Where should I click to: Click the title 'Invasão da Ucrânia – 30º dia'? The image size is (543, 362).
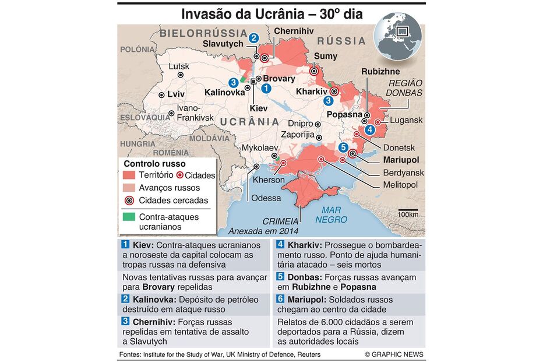click(x=271, y=14)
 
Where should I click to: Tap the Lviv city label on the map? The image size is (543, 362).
click(x=175, y=94)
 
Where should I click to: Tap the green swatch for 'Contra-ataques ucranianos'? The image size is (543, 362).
click(x=129, y=217)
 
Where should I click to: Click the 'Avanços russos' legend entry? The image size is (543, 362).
click(x=169, y=188)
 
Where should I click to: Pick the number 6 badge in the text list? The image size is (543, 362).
click(x=280, y=299)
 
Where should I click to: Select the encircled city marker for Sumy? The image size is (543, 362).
click(x=314, y=71)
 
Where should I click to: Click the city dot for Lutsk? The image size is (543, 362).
click(x=181, y=75)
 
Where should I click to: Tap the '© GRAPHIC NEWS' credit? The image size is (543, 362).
click(x=394, y=354)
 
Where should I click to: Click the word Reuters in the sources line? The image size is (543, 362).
click(x=308, y=354)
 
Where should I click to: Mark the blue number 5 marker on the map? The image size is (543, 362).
click(x=343, y=147)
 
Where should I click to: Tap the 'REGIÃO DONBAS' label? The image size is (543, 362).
click(x=406, y=88)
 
